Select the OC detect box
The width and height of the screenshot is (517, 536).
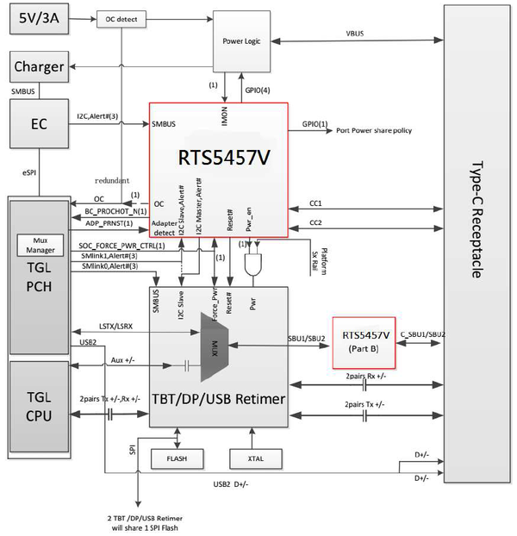(120, 18)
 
